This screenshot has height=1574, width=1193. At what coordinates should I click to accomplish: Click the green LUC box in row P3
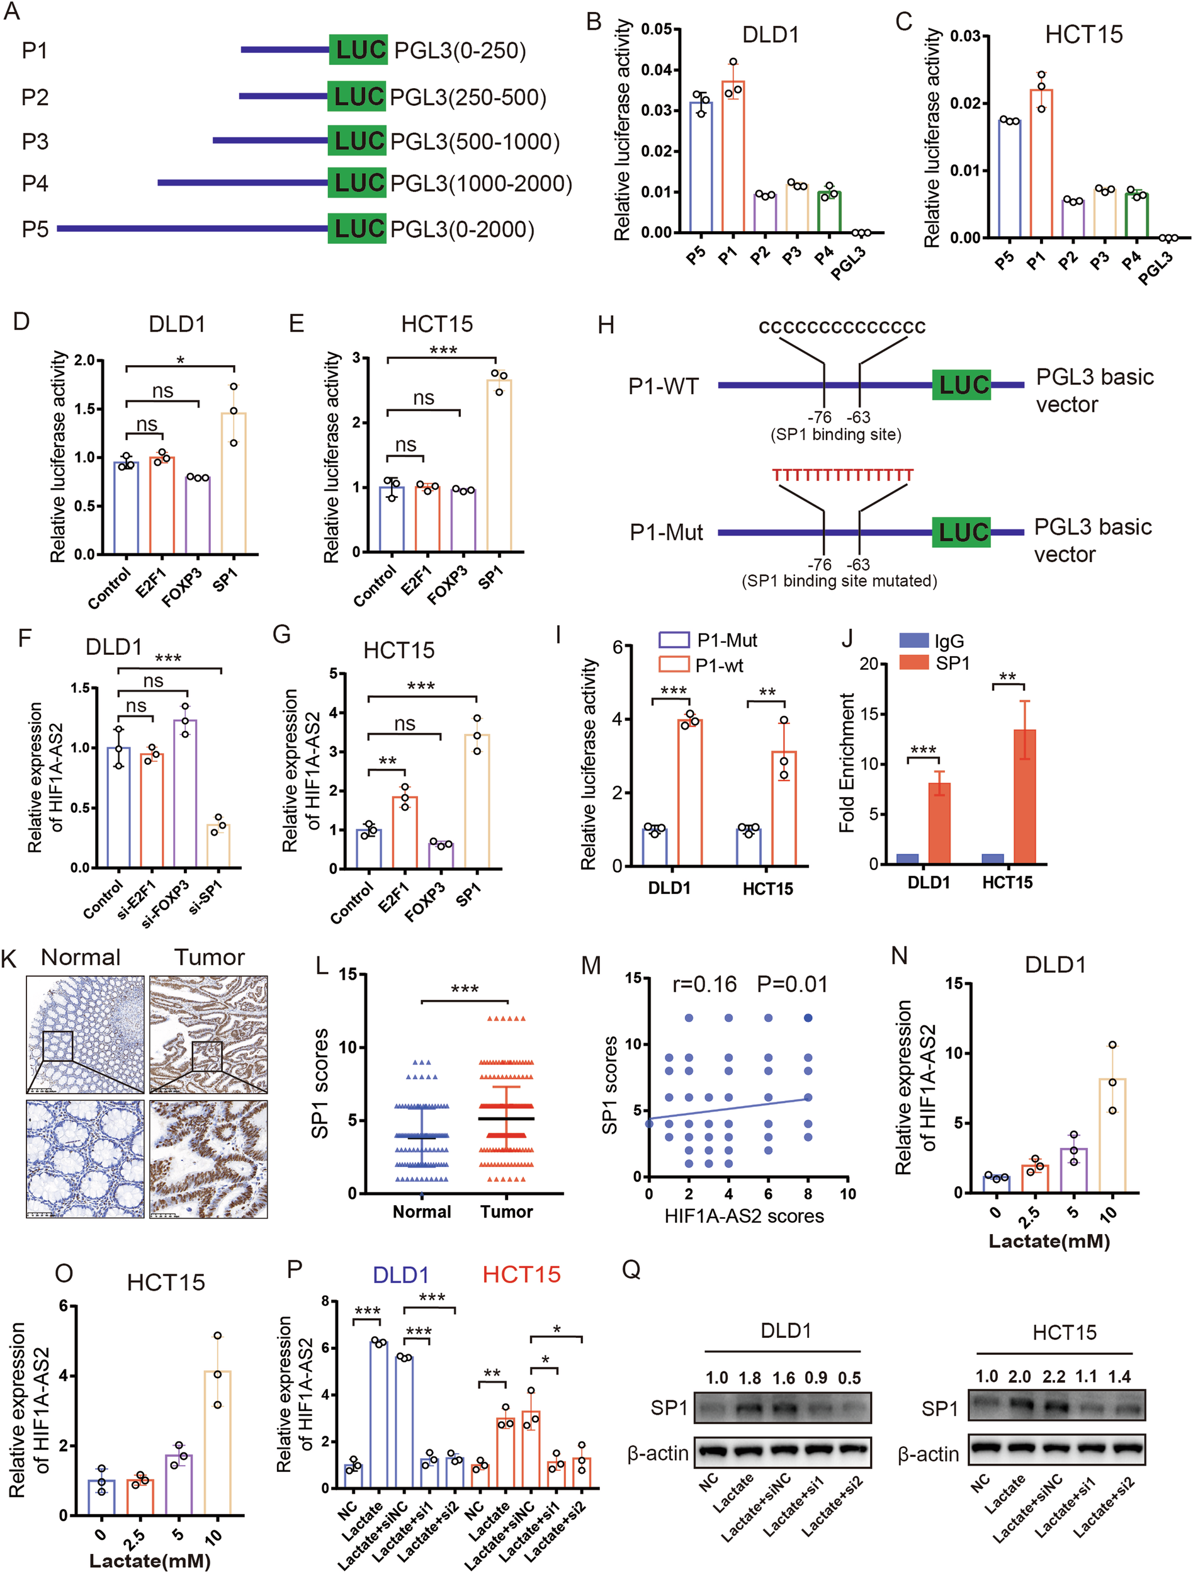point(357,141)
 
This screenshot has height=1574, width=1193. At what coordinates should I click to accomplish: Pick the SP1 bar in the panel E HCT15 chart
point(499,466)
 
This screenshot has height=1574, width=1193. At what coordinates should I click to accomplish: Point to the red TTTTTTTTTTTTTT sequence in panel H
point(843,475)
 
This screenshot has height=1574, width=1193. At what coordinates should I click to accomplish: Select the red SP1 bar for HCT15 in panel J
point(1024,796)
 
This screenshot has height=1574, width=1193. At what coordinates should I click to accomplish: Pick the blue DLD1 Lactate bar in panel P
point(378,1420)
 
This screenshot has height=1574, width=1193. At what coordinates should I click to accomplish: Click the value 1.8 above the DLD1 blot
point(750,1378)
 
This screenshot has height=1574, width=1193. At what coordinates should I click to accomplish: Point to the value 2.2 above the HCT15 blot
point(1052,1376)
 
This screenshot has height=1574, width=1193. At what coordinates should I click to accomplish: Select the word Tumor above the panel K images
point(209,958)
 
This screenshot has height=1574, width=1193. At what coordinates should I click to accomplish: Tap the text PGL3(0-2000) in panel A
point(462,230)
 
